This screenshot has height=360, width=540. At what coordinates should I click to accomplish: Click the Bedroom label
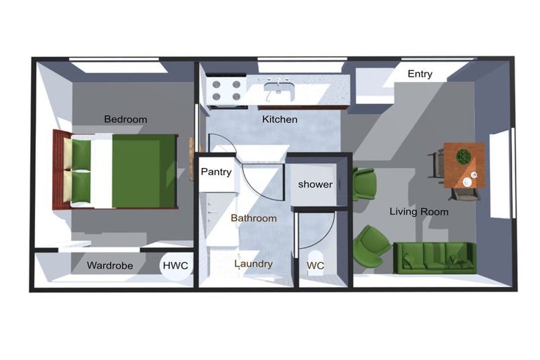click(125, 120)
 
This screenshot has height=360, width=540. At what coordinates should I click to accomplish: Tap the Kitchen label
click(279, 120)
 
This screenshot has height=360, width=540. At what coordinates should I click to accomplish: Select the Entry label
click(420, 74)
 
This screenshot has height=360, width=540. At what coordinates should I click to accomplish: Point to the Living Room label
click(419, 212)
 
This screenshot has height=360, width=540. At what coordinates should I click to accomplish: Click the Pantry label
click(216, 172)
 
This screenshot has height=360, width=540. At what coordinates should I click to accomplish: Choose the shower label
click(315, 184)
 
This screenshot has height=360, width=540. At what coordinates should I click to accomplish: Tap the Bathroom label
click(253, 219)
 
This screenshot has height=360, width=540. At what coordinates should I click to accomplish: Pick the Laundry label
click(253, 264)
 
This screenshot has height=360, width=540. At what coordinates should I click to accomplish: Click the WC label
click(315, 266)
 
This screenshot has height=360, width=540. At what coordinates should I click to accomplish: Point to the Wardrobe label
click(110, 266)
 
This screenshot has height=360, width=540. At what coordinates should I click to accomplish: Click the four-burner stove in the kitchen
click(226, 91)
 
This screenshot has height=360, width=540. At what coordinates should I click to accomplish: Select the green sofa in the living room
click(434, 257)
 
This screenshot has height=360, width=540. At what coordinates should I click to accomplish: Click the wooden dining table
click(464, 165)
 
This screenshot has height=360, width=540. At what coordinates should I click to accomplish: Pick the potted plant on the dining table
click(463, 156)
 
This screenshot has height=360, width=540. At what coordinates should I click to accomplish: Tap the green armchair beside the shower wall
click(364, 184)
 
